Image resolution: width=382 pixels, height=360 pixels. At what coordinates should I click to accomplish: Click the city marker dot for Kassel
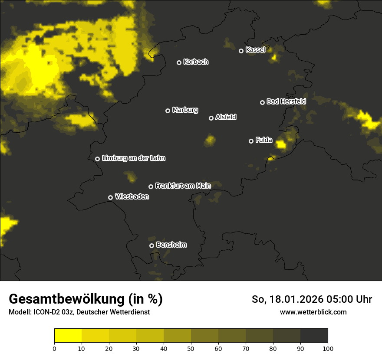[x=241, y=51]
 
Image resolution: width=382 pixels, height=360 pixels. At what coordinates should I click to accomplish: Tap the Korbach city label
[x=196, y=62]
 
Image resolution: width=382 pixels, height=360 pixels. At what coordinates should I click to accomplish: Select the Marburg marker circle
[x=168, y=111]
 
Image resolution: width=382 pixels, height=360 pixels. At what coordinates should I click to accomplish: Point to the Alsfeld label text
[x=226, y=117]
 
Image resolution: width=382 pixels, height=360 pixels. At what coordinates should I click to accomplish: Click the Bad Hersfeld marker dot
[x=262, y=102]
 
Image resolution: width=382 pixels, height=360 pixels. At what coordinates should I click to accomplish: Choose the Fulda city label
[x=264, y=140]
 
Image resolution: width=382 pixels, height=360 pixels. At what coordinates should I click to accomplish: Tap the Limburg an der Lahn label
[x=133, y=158]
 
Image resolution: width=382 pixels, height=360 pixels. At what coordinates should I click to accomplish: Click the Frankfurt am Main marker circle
[x=151, y=187]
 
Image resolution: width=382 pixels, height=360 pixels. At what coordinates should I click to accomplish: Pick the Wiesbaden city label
[x=132, y=196]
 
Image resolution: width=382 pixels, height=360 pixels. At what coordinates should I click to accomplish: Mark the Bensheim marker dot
[x=151, y=245]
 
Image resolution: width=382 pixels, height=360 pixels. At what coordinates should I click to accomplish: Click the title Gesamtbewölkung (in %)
[x=86, y=299]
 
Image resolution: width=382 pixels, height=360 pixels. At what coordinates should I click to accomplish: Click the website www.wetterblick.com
[x=313, y=312]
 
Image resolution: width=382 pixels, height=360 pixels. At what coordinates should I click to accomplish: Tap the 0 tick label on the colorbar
[x=54, y=348]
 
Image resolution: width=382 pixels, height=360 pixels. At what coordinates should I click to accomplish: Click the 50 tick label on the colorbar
[x=191, y=348]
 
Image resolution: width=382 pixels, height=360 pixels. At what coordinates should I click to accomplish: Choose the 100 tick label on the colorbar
[x=328, y=348]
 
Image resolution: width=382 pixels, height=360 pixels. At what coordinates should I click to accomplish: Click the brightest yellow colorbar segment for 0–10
[x=68, y=336]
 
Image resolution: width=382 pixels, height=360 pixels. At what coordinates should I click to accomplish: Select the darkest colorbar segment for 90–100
[x=314, y=336]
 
